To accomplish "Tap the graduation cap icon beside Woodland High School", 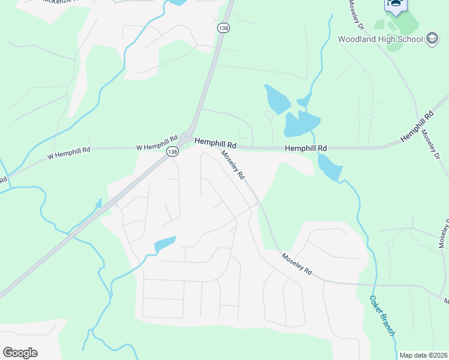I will click(x=432, y=40).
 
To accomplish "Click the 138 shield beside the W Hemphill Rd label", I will click(x=173, y=152).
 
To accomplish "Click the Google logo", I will click(x=20, y=353).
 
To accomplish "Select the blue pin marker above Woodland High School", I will click(x=396, y=4).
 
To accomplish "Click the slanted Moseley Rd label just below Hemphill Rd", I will click(x=233, y=165).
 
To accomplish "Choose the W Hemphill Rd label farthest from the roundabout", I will click(x=69, y=153).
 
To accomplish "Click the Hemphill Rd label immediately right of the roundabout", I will click(x=215, y=144).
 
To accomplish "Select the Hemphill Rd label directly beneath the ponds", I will click(x=306, y=148).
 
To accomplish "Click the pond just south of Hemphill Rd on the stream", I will click(x=329, y=167).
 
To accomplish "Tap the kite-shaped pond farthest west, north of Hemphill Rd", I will click(x=277, y=99).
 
